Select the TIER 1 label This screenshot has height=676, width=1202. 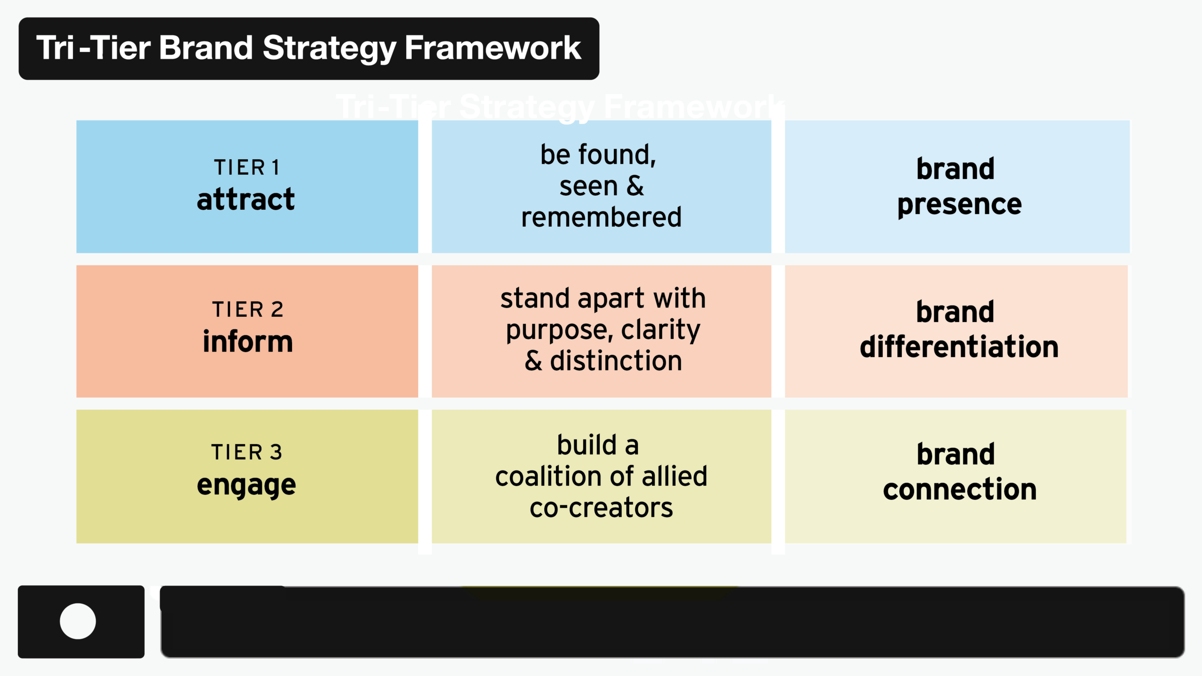pyautogui.click(x=247, y=168)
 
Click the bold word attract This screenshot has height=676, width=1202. pyautogui.click(x=246, y=199)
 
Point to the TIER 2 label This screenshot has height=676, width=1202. pyautogui.click(x=248, y=310)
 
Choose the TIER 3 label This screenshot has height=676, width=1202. pyautogui.click(x=247, y=453)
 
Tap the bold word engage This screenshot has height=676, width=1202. pyautogui.click(x=246, y=485)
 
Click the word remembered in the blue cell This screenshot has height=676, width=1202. pyautogui.click(x=601, y=217)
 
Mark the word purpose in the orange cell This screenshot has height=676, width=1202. pyautogui.click(x=559, y=330)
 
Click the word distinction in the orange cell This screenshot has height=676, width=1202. pyautogui.click(x=616, y=361)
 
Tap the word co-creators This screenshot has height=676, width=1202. pyautogui.click(x=601, y=508)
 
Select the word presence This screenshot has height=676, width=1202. pyautogui.click(x=960, y=205)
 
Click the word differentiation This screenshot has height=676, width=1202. pyautogui.click(x=959, y=347)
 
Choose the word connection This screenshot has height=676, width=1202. pyautogui.click(x=960, y=490)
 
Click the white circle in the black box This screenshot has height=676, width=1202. pyautogui.click(x=78, y=621)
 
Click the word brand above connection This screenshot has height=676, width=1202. pyautogui.click(x=956, y=454)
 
